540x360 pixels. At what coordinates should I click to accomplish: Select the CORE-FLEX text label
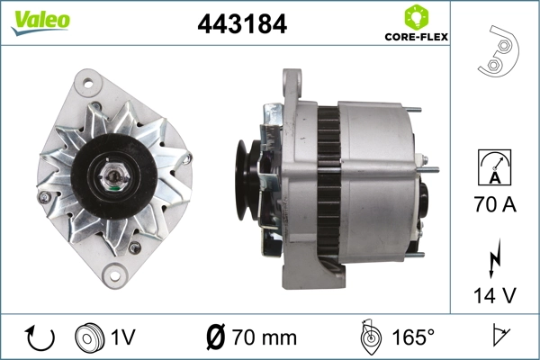coord(416,39)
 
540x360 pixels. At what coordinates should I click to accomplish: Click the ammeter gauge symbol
coord(494,169)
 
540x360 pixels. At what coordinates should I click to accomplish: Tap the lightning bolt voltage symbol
coord(494,258)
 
